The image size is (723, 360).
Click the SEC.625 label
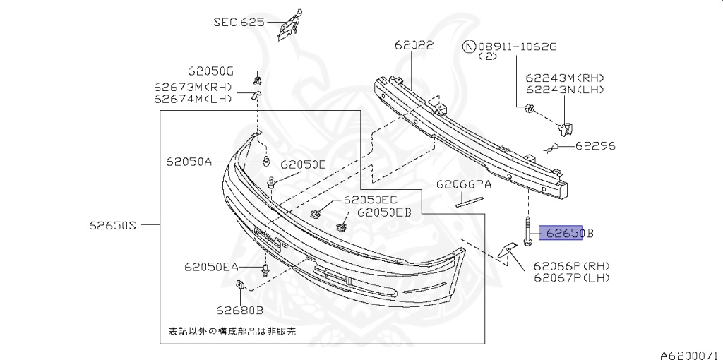[x=239, y=22]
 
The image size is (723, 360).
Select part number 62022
[x=414, y=46]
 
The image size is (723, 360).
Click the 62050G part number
[x=210, y=71]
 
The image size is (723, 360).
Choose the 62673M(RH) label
[x=192, y=87]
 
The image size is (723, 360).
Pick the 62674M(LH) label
[x=192, y=98]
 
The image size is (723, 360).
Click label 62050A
[x=189, y=161]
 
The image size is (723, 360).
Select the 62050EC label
[x=371, y=200]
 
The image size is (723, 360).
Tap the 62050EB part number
[x=384, y=212]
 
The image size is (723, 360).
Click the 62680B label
[x=239, y=309]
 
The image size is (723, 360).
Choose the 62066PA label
[x=463, y=185]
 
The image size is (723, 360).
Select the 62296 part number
[x=594, y=146]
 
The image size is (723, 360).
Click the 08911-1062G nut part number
[x=518, y=47]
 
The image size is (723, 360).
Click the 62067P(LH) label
[x=572, y=277]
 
